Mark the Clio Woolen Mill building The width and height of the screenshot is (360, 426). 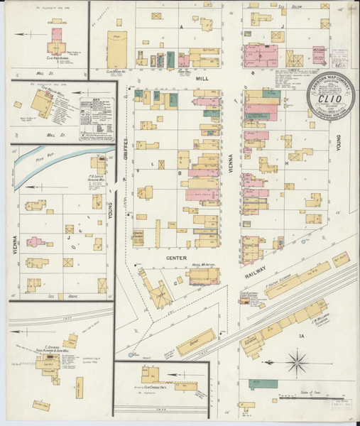click(44, 105)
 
